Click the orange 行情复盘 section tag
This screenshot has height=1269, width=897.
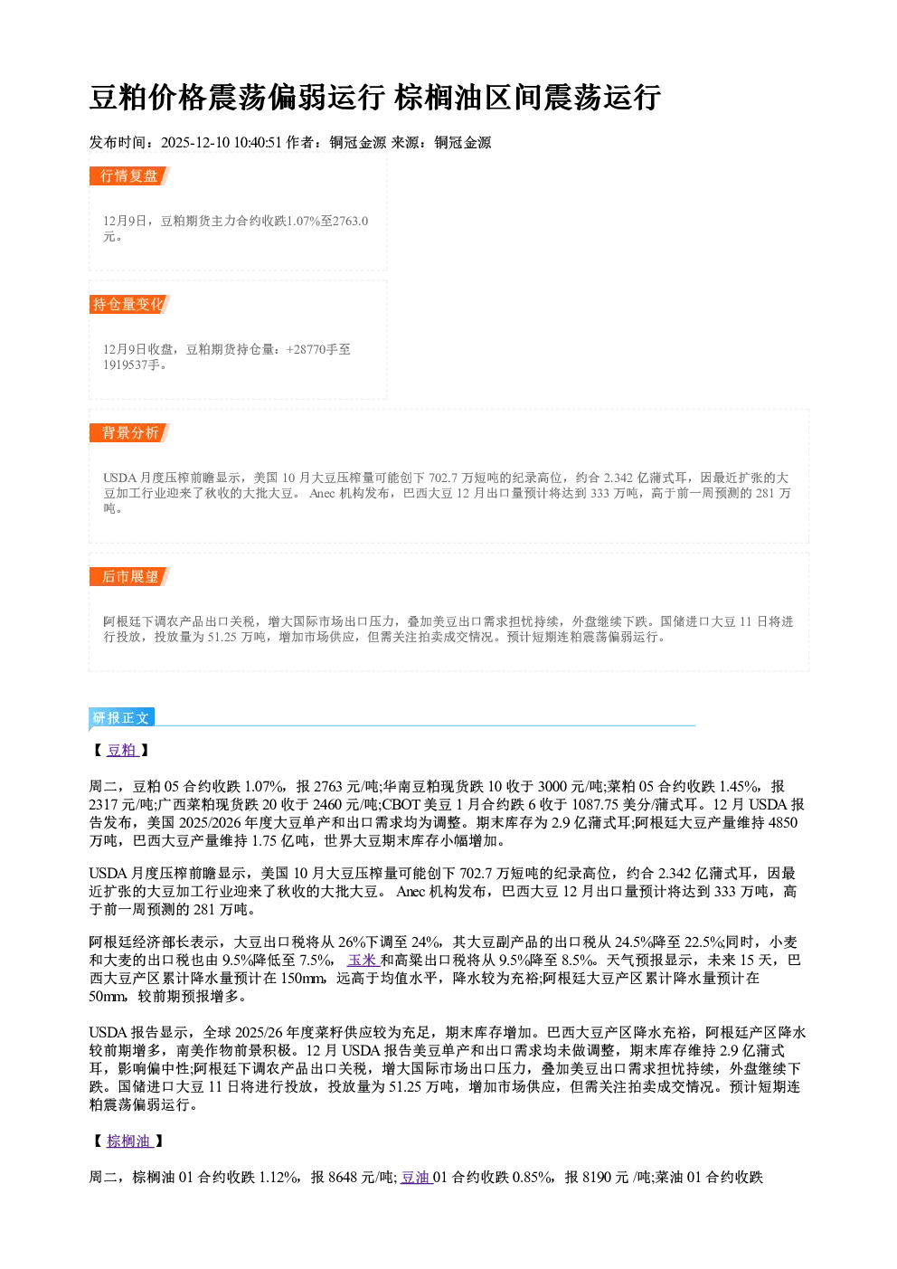click(129, 175)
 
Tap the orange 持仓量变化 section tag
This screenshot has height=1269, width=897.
click(129, 304)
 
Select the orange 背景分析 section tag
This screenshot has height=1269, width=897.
click(129, 433)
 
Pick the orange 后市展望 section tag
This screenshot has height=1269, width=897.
click(129, 577)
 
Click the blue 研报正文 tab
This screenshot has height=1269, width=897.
click(121, 718)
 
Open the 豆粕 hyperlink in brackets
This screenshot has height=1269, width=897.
click(122, 750)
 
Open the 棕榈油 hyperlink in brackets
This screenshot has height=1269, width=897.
click(129, 1141)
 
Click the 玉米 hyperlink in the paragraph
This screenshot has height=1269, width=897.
click(363, 961)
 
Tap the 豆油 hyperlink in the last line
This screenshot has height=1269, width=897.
click(416, 1178)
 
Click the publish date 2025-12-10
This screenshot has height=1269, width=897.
click(194, 143)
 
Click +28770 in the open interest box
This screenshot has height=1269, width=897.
click(306, 349)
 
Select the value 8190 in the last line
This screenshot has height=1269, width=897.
click(597, 1178)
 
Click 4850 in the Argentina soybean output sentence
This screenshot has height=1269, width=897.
click(782, 822)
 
